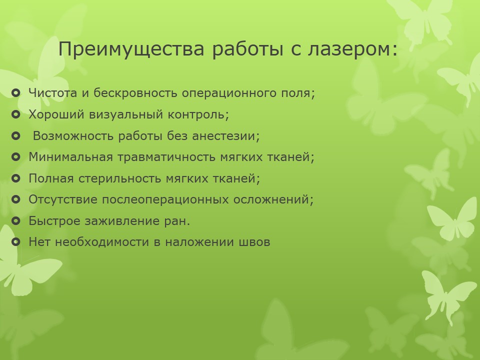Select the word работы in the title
(247, 49)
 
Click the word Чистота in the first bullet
(52, 93)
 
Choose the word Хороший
(56, 114)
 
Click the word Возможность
(73, 135)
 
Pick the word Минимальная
(70, 157)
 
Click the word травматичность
(167, 157)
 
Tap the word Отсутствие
(63, 199)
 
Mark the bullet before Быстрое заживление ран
(15, 220)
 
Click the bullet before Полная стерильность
(15, 178)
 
